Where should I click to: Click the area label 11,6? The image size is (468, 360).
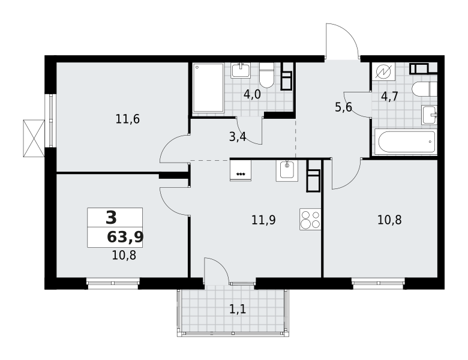pos(128,119)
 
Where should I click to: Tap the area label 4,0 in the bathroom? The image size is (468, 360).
pos(252,94)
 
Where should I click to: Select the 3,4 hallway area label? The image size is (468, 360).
pos(238,137)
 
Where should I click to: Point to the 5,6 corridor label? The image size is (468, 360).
pos(343,107)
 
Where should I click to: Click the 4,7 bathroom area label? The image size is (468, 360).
pos(389,97)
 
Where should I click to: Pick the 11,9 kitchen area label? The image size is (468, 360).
pos(263,220)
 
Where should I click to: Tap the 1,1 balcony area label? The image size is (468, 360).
pos(238,310)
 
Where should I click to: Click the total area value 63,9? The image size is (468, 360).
pos(125,237)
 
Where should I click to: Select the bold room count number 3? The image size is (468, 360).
pos(111,218)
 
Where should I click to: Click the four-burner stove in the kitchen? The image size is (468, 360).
pos(310,220)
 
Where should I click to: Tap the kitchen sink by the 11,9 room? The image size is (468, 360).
pos(287,170)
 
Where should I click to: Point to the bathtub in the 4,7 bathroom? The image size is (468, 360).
pos(406,142)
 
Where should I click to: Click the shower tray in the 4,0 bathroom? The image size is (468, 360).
pos(208,88)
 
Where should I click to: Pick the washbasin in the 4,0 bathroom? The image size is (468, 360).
pos(241,70)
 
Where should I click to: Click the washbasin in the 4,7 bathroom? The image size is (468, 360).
pos(429,115)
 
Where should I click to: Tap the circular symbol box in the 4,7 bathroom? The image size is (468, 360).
pos(382,72)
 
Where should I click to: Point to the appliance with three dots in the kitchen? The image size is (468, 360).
pos(241,170)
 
